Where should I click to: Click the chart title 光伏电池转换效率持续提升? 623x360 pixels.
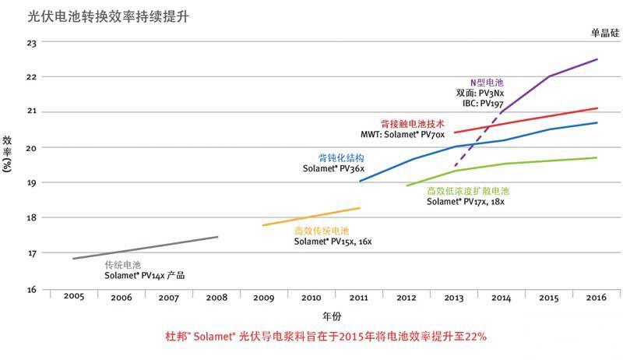click(108, 15)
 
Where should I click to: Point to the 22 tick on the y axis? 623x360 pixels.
click(33, 76)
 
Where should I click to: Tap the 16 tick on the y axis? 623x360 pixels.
click(33, 290)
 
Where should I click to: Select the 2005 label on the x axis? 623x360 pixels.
click(74, 297)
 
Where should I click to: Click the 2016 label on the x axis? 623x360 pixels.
click(597, 297)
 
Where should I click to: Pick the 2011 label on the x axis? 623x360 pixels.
click(359, 297)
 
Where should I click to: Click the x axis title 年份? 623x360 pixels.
click(332, 316)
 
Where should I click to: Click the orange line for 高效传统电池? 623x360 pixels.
click(311, 217)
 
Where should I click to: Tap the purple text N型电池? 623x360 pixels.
click(487, 82)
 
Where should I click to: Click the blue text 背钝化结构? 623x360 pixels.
click(341, 157)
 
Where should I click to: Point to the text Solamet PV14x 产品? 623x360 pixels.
click(145, 275)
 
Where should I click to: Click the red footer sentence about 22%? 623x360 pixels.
click(326, 337)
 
